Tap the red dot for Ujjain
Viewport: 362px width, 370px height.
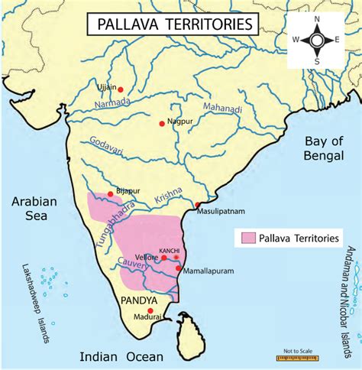click(121, 89)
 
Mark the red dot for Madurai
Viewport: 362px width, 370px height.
click(149, 310)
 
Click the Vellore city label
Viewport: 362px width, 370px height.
click(149, 258)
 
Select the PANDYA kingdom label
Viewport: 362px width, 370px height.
click(139, 299)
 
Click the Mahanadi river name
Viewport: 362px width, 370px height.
click(222, 112)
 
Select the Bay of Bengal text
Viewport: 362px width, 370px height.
click(323, 150)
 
